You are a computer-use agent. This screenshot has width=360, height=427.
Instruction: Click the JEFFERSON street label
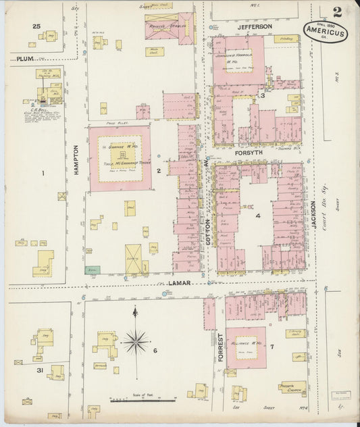tap(255, 26)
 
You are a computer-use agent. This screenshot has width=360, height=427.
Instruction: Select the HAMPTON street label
tap(76, 160)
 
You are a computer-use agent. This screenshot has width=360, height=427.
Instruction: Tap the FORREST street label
tap(220, 347)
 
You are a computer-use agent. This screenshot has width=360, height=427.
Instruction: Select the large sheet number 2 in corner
tap(336, 11)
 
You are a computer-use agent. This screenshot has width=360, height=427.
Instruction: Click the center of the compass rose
tap(135, 341)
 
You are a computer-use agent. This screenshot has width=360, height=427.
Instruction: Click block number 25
tap(36, 26)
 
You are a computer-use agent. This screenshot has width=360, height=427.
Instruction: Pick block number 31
tap(40, 370)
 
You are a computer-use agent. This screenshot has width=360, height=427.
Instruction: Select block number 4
tap(258, 216)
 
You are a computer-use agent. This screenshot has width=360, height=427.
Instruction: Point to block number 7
tap(272, 347)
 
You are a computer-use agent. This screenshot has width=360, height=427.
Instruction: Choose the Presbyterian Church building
tap(292, 388)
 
